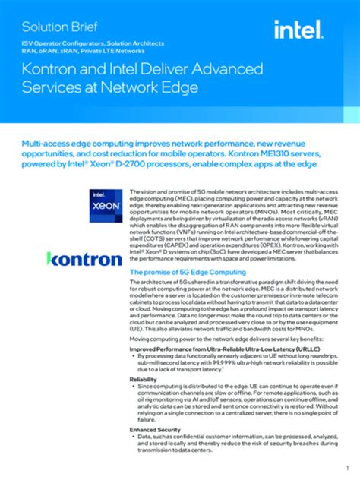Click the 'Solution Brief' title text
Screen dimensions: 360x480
coord(54,26)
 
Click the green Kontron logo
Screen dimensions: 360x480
coord(84,259)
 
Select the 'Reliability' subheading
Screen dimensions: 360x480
coord(144,378)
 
